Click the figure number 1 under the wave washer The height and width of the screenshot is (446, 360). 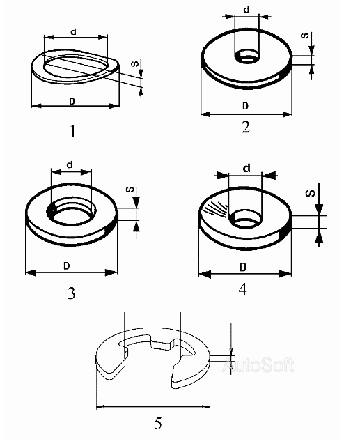point(73,132)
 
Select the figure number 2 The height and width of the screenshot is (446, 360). point(246,127)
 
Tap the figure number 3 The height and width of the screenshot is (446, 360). point(72,293)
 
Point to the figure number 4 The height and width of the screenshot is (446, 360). point(242,289)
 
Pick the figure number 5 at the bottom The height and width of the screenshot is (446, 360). point(158,423)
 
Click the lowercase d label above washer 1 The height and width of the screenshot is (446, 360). point(74,31)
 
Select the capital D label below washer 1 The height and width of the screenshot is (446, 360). point(72,101)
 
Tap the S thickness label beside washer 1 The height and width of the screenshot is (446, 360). point(135,63)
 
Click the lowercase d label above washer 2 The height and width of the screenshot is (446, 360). point(246,9)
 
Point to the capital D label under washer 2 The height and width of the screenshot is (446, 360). point(246,106)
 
